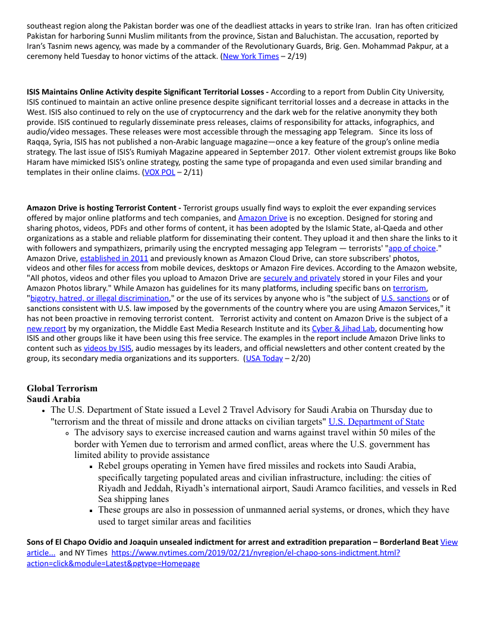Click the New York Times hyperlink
click(x=250, y=56)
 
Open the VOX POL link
click(x=159, y=172)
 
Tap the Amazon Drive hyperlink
click(x=262, y=218)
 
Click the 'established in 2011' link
click(x=114, y=259)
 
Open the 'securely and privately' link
click(x=301, y=278)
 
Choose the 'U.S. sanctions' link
click(x=405, y=298)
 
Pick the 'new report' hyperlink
click(x=46, y=328)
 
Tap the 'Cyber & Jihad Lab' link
click(x=343, y=328)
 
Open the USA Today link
click(x=264, y=358)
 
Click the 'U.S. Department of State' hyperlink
click(x=376, y=422)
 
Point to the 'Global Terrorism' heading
click(x=62, y=388)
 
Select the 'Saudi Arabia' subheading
click(x=53, y=399)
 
